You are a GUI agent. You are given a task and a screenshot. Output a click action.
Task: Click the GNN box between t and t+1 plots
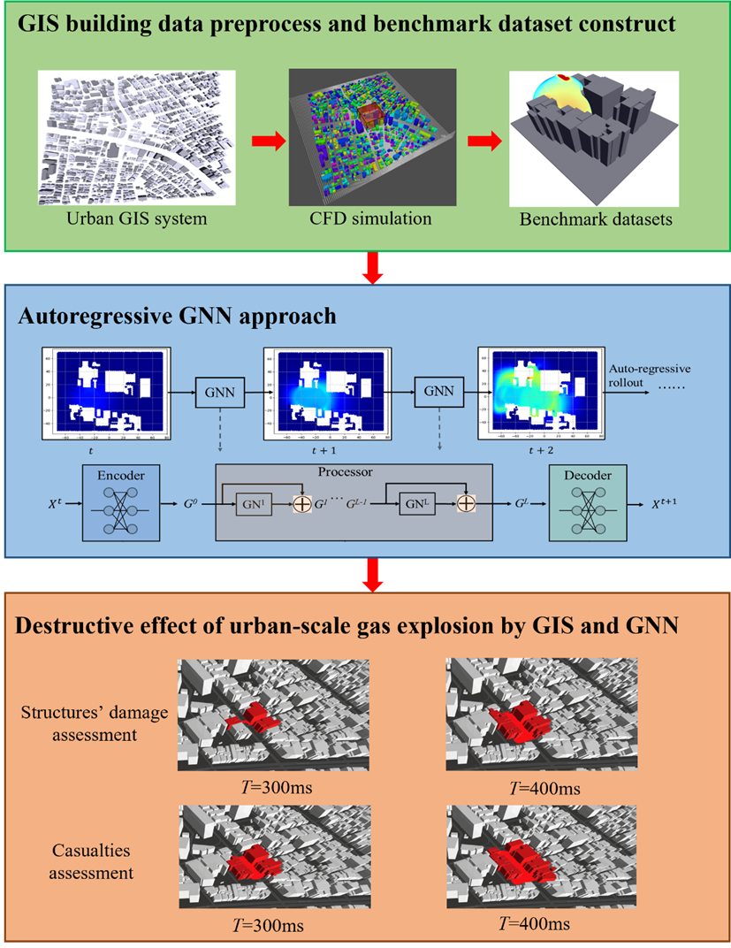[x=220, y=391]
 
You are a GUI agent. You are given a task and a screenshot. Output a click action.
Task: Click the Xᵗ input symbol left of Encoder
[x=56, y=506]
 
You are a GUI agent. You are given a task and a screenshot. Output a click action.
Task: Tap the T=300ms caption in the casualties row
[x=263, y=926]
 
